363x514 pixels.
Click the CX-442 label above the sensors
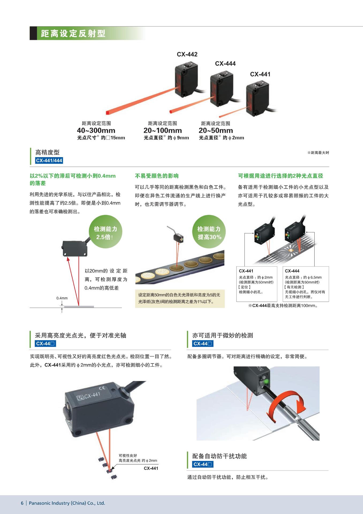187,54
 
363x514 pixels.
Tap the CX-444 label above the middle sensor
225,63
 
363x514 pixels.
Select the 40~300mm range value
96,131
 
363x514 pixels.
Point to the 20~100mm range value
162,131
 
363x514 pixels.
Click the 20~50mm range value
216,131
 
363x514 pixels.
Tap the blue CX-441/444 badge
49,161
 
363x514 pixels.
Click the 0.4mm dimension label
62,298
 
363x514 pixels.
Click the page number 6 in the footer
22,503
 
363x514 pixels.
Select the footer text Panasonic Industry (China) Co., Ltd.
67,503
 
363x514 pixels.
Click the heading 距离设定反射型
73,33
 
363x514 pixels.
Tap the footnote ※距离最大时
318,153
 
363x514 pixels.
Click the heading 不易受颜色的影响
156,176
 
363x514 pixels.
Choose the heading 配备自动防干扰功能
219,456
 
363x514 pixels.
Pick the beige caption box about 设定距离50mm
180,298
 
